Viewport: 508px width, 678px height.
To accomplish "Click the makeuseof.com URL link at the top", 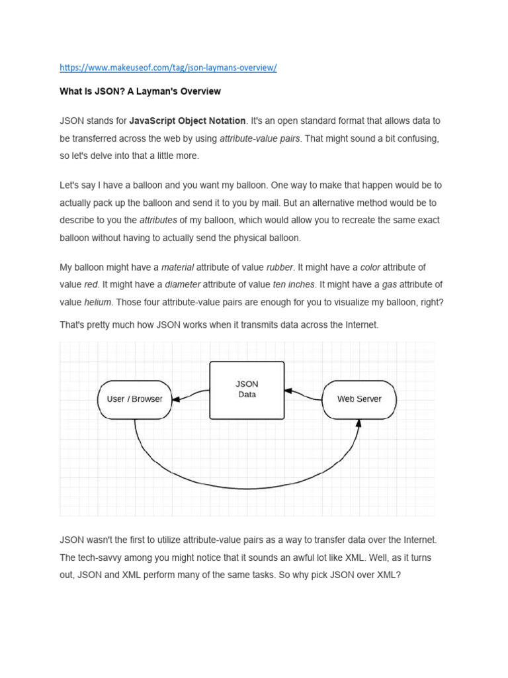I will point(168,68).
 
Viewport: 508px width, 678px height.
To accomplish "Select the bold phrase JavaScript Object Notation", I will point(187,121).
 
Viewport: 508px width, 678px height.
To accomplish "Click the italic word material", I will point(178,267).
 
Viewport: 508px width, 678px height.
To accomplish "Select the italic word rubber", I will point(280,267).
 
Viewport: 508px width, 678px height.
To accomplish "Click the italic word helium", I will point(98,302).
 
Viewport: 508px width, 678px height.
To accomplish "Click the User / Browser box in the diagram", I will point(134,399).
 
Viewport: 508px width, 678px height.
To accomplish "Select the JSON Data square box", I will point(247,390).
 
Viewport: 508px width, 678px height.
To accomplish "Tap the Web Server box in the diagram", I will point(359,399).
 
